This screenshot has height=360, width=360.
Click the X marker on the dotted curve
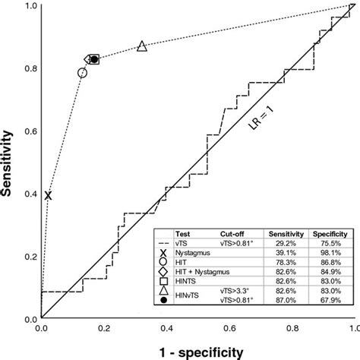pyautogui.click(x=48, y=196)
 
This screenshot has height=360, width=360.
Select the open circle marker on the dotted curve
pyautogui.click(x=82, y=73)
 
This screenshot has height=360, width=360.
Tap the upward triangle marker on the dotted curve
pyautogui.click(x=142, y=47)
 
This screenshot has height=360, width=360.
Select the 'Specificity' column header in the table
pyautogui.click(x=330, y=234)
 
